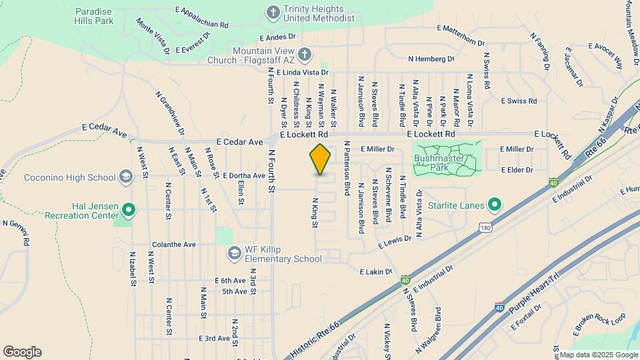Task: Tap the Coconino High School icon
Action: point(125,177)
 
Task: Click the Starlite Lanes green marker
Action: point(494,204)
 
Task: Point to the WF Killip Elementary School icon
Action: point(233,253)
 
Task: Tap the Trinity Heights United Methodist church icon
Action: point(272,12)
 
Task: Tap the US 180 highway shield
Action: point(485,228)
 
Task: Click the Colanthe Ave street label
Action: point(173,245)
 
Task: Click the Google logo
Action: point(22,351)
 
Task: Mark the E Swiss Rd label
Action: point(519,101)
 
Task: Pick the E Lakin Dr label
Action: point(375,272)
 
